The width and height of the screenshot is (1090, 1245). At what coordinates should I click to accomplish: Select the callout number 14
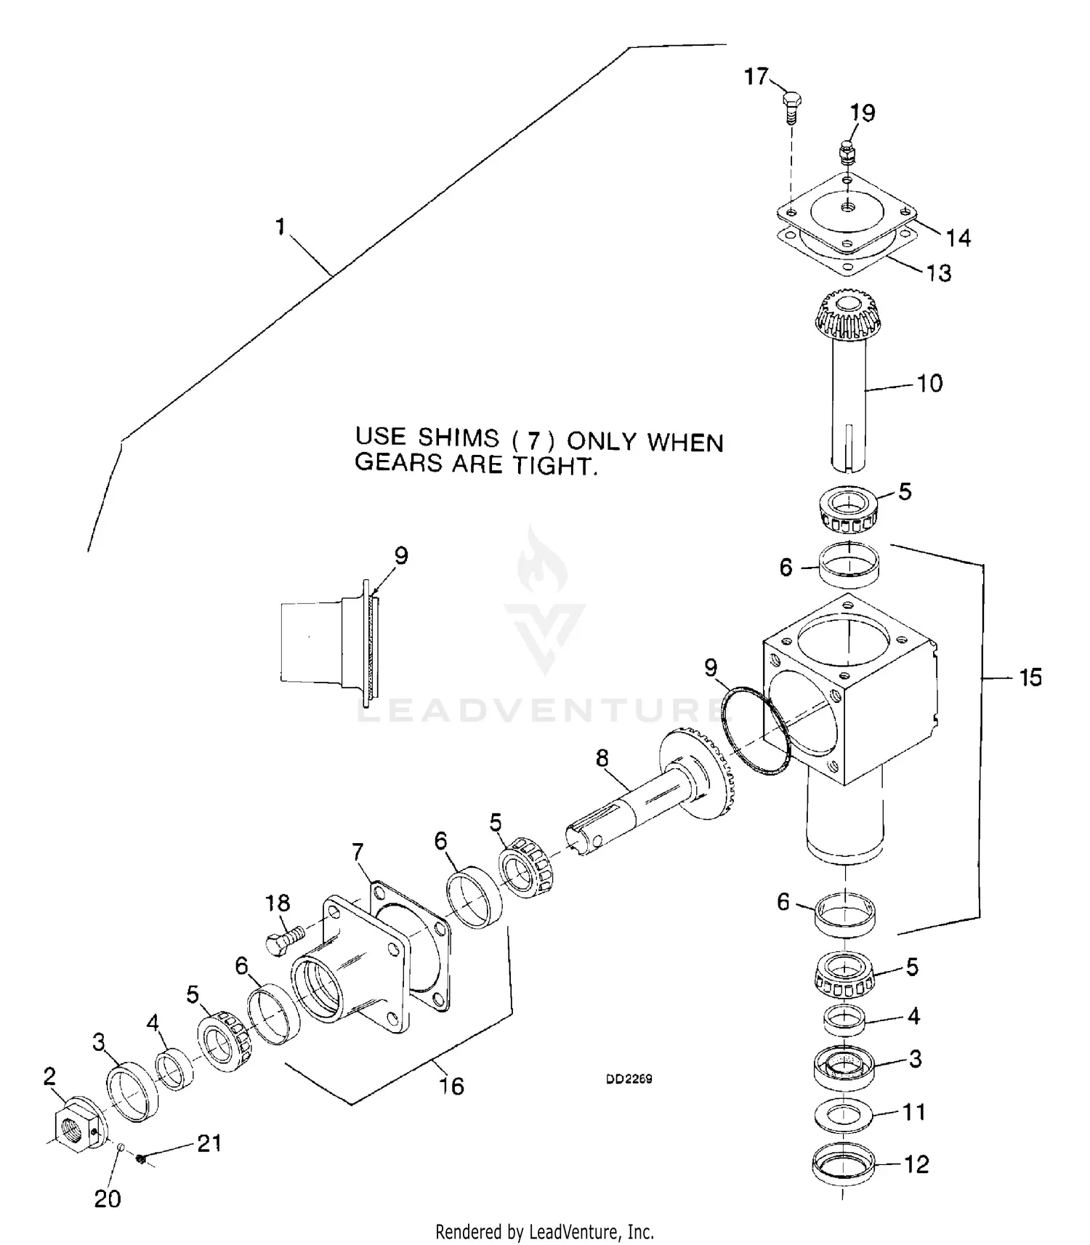958,238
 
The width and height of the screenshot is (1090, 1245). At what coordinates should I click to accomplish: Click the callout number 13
938,273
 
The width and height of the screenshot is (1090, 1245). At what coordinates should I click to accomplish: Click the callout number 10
930,383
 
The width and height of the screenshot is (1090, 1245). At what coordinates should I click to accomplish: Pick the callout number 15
1030,677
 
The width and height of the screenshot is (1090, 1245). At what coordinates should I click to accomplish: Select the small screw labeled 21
142,1159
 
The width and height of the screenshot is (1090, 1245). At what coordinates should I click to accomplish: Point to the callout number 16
451,1086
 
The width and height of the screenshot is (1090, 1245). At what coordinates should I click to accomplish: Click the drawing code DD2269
629,1079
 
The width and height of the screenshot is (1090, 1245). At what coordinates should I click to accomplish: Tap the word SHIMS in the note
459,438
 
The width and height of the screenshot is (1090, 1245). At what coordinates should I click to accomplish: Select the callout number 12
916,1164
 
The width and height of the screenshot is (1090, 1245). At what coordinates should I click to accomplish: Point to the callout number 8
602,758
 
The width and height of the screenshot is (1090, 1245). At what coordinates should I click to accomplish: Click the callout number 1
280,227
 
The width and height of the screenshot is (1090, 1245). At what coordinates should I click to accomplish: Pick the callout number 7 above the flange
358,851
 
